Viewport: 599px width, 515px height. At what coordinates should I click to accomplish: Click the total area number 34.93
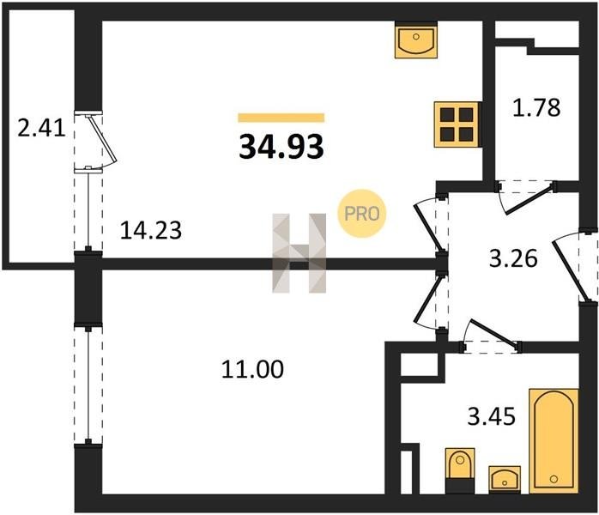tap(281, 147)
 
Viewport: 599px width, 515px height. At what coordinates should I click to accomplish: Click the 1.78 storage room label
tap(536, 108)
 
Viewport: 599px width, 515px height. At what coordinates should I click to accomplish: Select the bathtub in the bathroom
tap(553, 440)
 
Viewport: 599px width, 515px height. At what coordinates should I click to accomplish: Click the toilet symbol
tap(460, 470)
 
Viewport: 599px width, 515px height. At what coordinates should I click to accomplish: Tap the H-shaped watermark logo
tap(299, 252)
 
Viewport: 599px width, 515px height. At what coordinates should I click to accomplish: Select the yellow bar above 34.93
tap(281, 118)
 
